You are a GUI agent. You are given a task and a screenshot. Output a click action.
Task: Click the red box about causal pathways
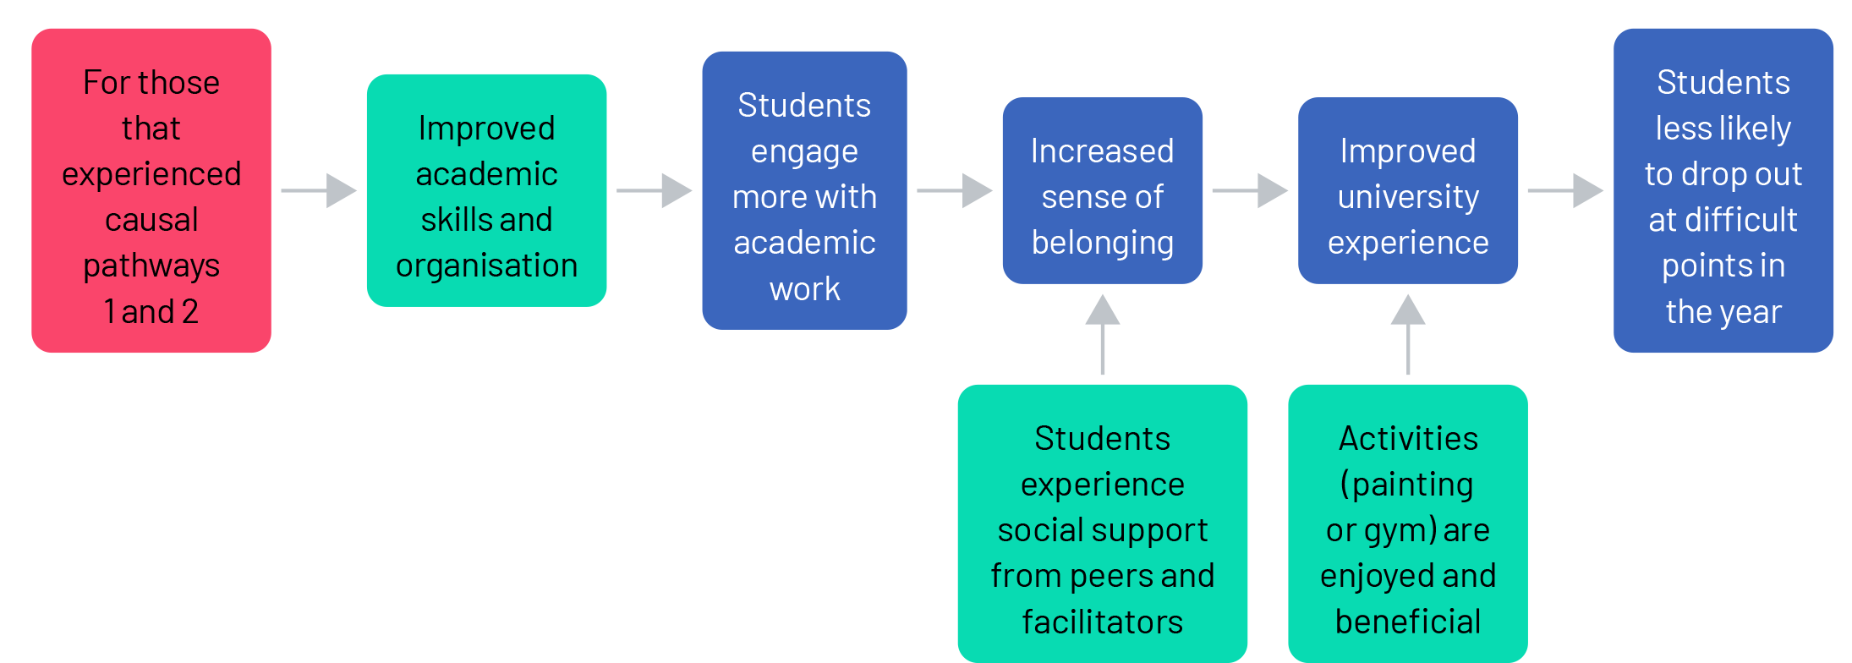tap(151, 190)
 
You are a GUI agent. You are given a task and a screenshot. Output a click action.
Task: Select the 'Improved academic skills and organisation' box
tap(486, 190)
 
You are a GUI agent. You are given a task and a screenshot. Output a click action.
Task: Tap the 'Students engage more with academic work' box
tap(804, 190)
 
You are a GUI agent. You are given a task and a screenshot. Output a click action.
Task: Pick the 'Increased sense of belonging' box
tap(1102, 190)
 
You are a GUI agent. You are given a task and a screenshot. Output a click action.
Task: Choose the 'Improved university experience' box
tap(1408, 190)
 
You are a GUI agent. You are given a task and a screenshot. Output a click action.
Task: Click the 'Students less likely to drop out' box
tap(1723, 190)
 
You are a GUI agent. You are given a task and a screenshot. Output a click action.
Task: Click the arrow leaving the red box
tap(319, 190)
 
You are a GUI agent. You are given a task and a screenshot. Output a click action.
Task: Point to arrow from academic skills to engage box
tap(654, 190)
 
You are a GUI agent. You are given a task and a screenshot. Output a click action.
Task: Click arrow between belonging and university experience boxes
tap(1250, 190)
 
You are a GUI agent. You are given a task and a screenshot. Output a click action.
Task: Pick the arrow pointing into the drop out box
tap(1565, 190)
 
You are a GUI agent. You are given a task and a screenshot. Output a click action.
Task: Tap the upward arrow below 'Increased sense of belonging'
tap(1102, 333)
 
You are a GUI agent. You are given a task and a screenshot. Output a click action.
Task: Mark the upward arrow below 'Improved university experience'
tap(1408, 333)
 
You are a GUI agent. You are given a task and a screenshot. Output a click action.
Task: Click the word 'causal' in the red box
tap(151, 220)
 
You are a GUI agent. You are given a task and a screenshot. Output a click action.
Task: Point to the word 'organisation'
tap(486, 266)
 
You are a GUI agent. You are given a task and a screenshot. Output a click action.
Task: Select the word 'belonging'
tap(1102, 244)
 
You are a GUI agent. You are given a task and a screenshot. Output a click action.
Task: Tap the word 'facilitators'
tap(1102, 622)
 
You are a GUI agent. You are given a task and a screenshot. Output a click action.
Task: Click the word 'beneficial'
tap(1408, 622)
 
